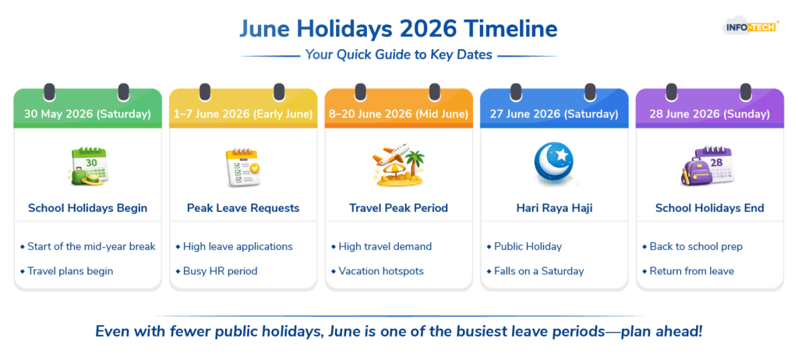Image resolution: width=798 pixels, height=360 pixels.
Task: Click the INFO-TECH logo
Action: click(x=750, y=26)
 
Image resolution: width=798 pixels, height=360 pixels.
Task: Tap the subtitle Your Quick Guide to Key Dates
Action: click(x=398, y=55)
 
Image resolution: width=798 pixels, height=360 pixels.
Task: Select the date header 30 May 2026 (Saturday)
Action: click(x=87, y=114)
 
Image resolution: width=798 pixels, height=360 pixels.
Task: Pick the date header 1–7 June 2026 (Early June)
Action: click(x=243, y=114)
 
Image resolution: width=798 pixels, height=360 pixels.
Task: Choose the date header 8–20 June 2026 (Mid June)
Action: click(x=398, y=114)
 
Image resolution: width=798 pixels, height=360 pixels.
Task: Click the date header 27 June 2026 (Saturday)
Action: click(x=554, y=114)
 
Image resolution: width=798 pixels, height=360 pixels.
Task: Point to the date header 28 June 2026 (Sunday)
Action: click(x=709, y=114)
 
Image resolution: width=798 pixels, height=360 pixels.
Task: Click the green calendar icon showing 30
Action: click(x=87, y=166)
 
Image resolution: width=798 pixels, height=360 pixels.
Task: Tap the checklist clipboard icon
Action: click(x=243, y=167)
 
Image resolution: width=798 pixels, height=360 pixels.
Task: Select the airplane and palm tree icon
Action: click(x=398, y=164)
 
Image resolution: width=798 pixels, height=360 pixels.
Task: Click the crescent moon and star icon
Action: click(x=554, y=164)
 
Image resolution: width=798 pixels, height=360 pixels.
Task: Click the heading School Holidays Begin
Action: click(x=87, y=208)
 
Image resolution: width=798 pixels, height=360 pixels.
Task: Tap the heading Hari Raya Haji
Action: click(x=554, y=208)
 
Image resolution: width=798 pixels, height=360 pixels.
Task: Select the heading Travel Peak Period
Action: click(x=398, y=208)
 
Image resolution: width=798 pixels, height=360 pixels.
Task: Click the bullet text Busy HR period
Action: click(x=221, y=271)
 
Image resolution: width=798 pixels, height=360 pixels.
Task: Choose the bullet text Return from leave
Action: click(x=692, y=271)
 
